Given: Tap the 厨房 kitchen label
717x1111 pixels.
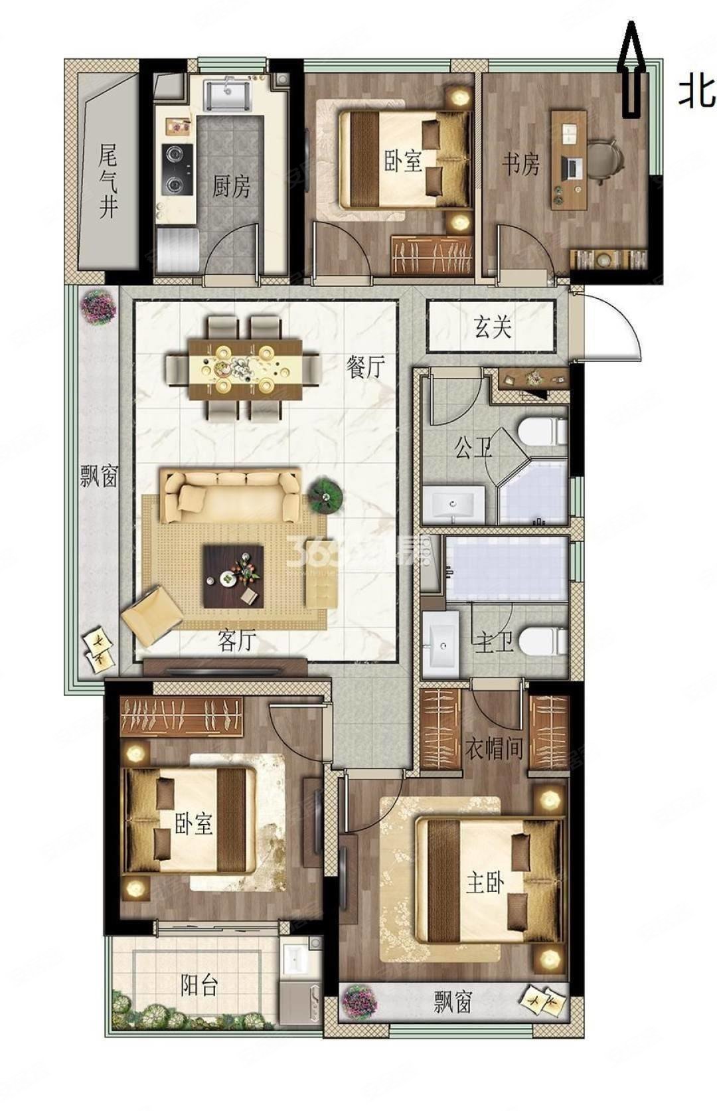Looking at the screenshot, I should pyautogui.click(x=231, y=187).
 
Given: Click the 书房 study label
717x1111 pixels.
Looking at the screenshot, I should pyautogui.click(x=520, y=164).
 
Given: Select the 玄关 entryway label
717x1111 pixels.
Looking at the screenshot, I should pyautogui.click(x=493, y=327).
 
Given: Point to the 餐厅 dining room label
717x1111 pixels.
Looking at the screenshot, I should pyautogui.click(x=365, y=367).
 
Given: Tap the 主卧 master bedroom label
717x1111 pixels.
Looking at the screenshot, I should pyautogui.click(x=485, y=884).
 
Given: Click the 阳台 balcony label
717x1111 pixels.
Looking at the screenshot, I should pyautogui.click(x=199, y=985).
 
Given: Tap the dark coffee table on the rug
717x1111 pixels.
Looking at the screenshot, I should pyautogui.click(x=234, y=576).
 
